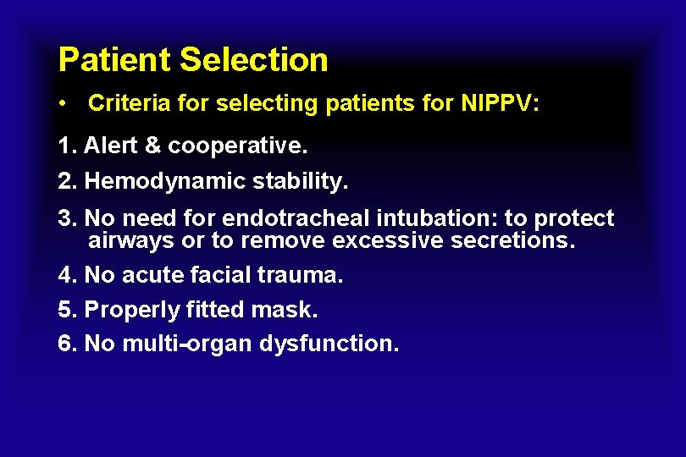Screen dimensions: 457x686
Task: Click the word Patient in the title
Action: tap(115, 60)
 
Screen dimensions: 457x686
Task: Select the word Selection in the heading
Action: tap(254, 60)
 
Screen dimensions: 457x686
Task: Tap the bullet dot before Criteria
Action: tap(64, 104)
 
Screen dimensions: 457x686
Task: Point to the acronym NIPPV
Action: tap(498, 104)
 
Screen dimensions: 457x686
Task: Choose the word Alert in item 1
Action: tap(114, 146)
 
